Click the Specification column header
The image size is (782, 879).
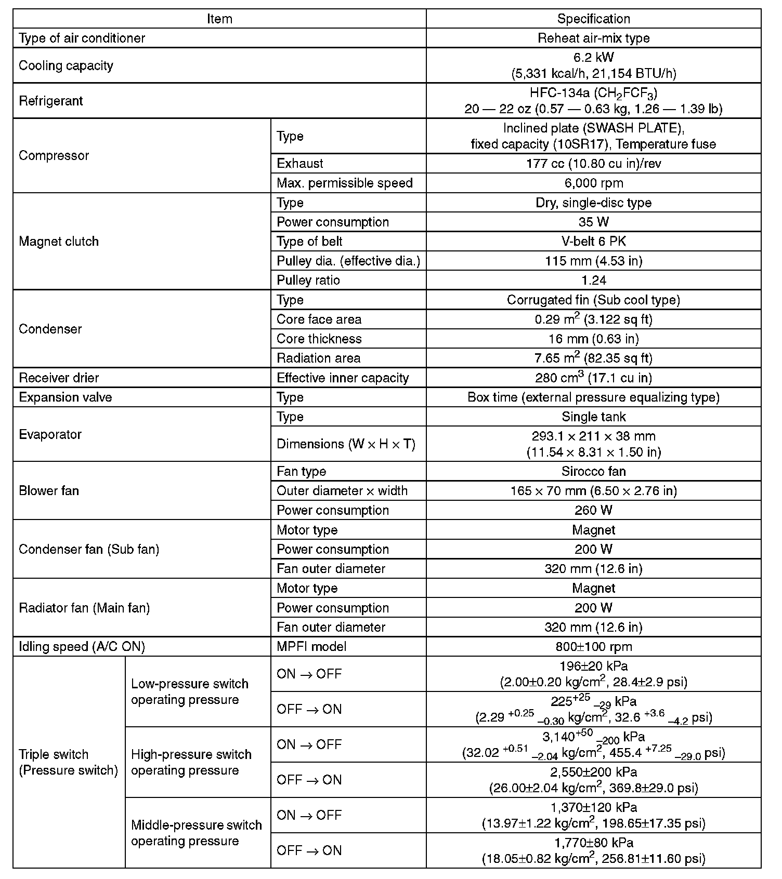593,19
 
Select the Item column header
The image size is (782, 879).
219,19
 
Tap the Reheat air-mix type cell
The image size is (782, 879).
593,38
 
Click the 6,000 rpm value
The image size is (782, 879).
593,183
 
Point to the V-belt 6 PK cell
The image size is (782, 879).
593,241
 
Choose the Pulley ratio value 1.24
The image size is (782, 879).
593,280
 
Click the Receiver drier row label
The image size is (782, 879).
59,378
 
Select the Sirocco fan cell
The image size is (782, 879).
593,471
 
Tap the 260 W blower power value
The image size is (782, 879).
593,510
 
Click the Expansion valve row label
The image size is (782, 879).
66,397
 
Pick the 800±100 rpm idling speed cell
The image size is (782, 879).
593,646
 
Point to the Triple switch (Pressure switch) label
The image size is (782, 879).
69,762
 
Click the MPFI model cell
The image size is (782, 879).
311,646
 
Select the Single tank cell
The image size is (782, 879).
593,417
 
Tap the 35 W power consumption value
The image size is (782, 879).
593,222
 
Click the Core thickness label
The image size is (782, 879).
319,339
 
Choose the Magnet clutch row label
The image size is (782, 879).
59,241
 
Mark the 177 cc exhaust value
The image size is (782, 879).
593,163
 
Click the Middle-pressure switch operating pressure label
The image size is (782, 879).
197,833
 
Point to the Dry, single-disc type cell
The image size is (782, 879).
593,203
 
